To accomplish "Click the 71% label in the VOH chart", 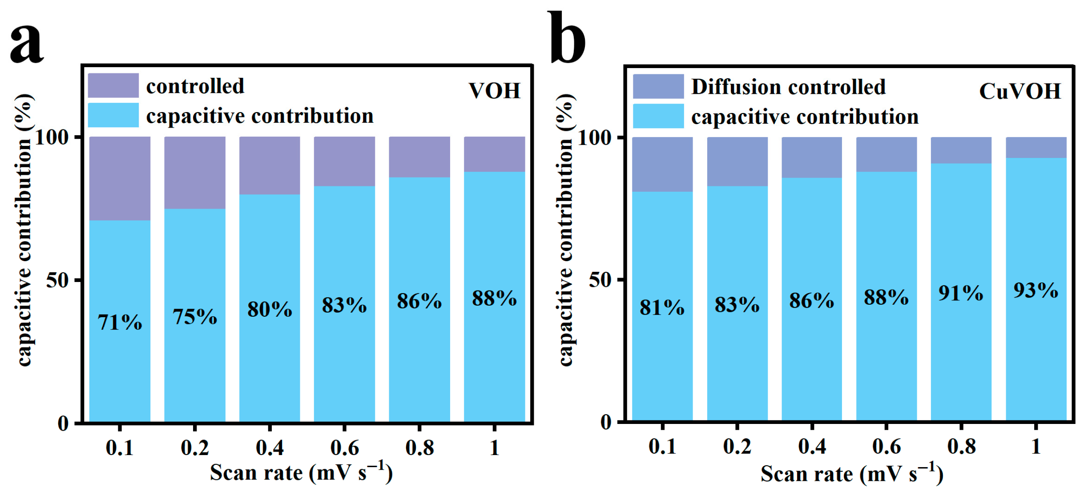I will [x=120, y=322].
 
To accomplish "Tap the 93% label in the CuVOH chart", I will [x=1036, y=290].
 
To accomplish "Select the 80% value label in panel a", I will [x=270, y=309].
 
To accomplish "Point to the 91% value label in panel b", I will [x=961, y=293].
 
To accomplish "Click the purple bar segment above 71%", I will [x=120, y=178].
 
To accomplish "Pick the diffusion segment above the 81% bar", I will [x=662, y=164].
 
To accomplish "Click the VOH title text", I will [x=494, y=91].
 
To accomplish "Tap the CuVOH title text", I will [x=1019, y=91].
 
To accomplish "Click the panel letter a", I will [x=27, y=42].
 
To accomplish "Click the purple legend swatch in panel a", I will [x=113, y=85].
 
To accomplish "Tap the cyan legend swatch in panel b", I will [x=658, y=116].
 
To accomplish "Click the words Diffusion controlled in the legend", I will [x=788, y=87].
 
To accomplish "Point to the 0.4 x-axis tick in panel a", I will [x=270, y=447].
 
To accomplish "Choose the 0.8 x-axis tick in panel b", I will [x=961, y=446].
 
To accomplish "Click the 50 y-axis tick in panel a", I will [x=57, y=280].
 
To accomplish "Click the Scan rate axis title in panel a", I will [x=301, y=472].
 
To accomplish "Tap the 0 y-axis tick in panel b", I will [x=605, y=421].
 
